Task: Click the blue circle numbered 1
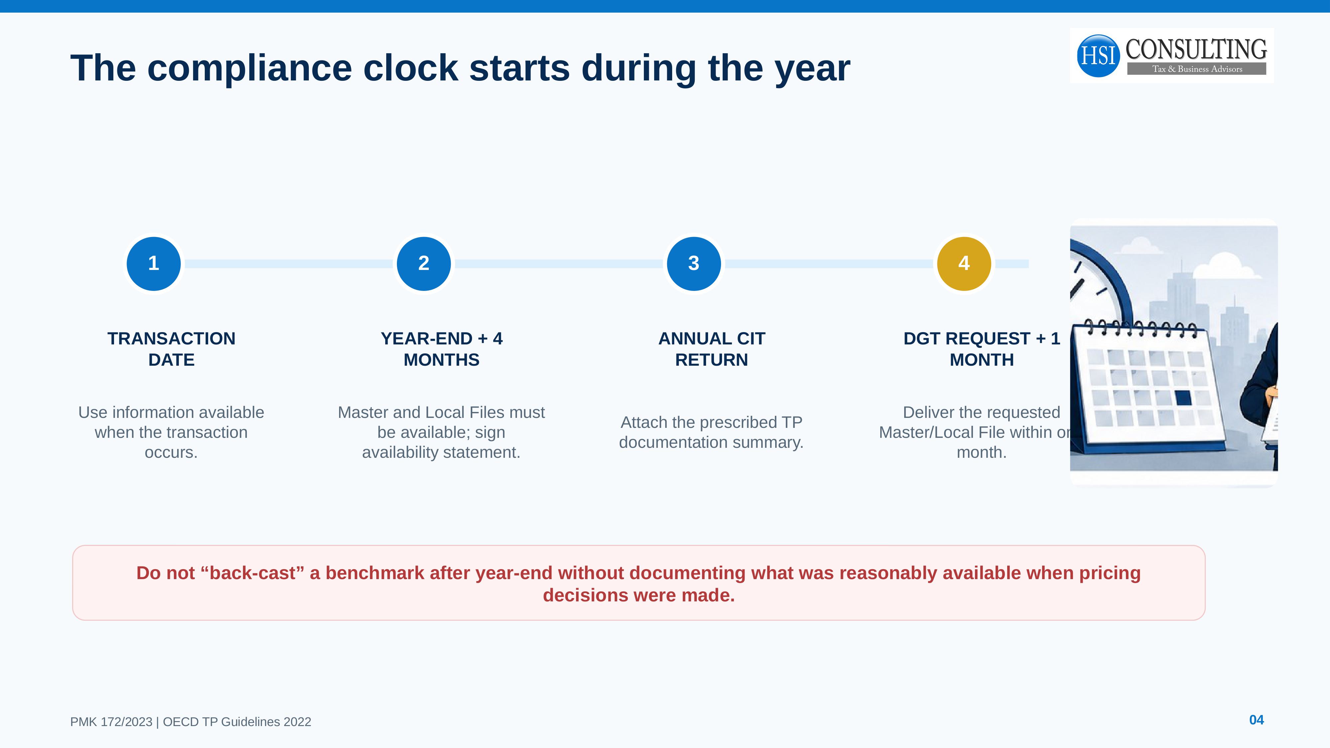(x=153, y=264)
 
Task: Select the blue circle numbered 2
(x=424, y=264)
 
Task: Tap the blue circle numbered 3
(x=694, y=264)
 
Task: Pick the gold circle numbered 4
(x=964, y=264)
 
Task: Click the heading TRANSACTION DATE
(x=172, y=349)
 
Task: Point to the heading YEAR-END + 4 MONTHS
(x=441, y=349)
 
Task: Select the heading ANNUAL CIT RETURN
(x=711, y=349)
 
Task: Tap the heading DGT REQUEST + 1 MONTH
(x=982, y=349)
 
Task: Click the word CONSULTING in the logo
(x=1196, y=50)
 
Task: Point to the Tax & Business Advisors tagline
(x=1197, y=69)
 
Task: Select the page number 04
(x=1256, y=720)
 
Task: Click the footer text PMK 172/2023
(x=111, y=722)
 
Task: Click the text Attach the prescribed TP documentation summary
(x=711, y=432)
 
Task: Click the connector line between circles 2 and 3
(x=559, y=264)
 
